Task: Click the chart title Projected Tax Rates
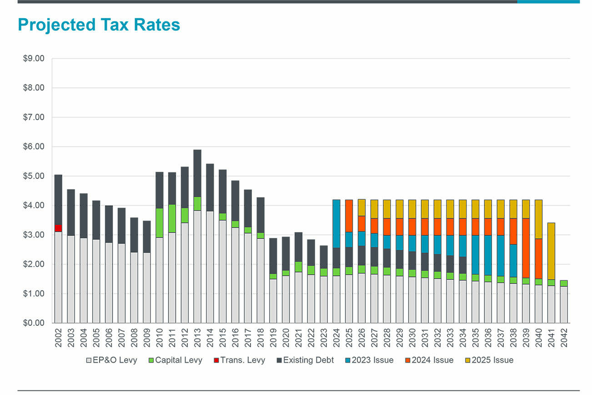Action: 99,25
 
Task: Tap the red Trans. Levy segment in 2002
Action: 58,228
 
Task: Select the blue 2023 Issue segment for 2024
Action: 336,223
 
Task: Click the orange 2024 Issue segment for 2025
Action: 349,216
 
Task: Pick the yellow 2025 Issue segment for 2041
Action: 551,251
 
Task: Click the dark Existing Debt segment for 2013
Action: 197,173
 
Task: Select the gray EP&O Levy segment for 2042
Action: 563,304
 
